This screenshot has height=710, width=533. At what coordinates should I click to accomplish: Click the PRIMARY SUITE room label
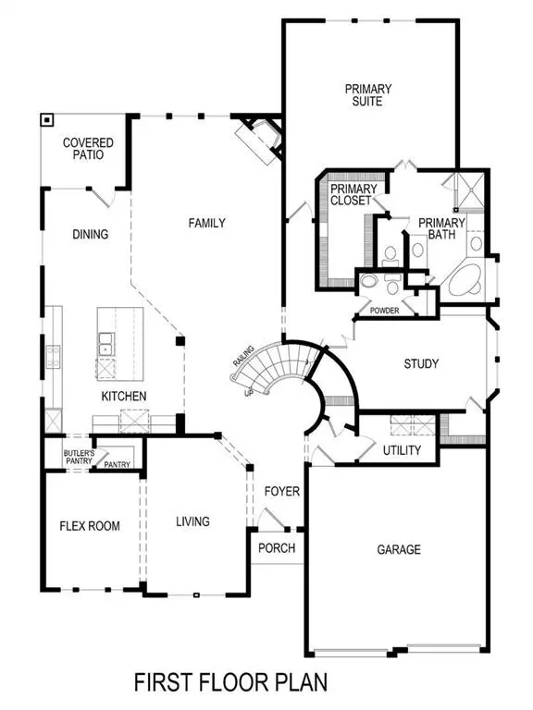pos(368,96)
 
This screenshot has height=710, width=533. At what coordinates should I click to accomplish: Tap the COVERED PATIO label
pos(88,149)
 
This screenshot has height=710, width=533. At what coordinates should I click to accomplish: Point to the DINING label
pos(90,235)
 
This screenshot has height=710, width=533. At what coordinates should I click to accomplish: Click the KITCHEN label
pos(124,397)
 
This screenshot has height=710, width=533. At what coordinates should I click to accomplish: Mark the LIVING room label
pos(192,521)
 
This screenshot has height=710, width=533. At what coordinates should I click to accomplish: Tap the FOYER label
pos(281,491)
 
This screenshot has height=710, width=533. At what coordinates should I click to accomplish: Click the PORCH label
pos(277,548)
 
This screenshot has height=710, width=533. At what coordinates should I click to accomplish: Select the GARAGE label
pos(398,549)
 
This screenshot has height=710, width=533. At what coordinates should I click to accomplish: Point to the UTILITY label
pos(402,450)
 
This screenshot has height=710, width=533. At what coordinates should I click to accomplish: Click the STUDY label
pos(421,364)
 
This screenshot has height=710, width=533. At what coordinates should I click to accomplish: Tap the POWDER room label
pos(384,311)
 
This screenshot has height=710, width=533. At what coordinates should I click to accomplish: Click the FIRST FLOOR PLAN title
pos(230,682)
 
